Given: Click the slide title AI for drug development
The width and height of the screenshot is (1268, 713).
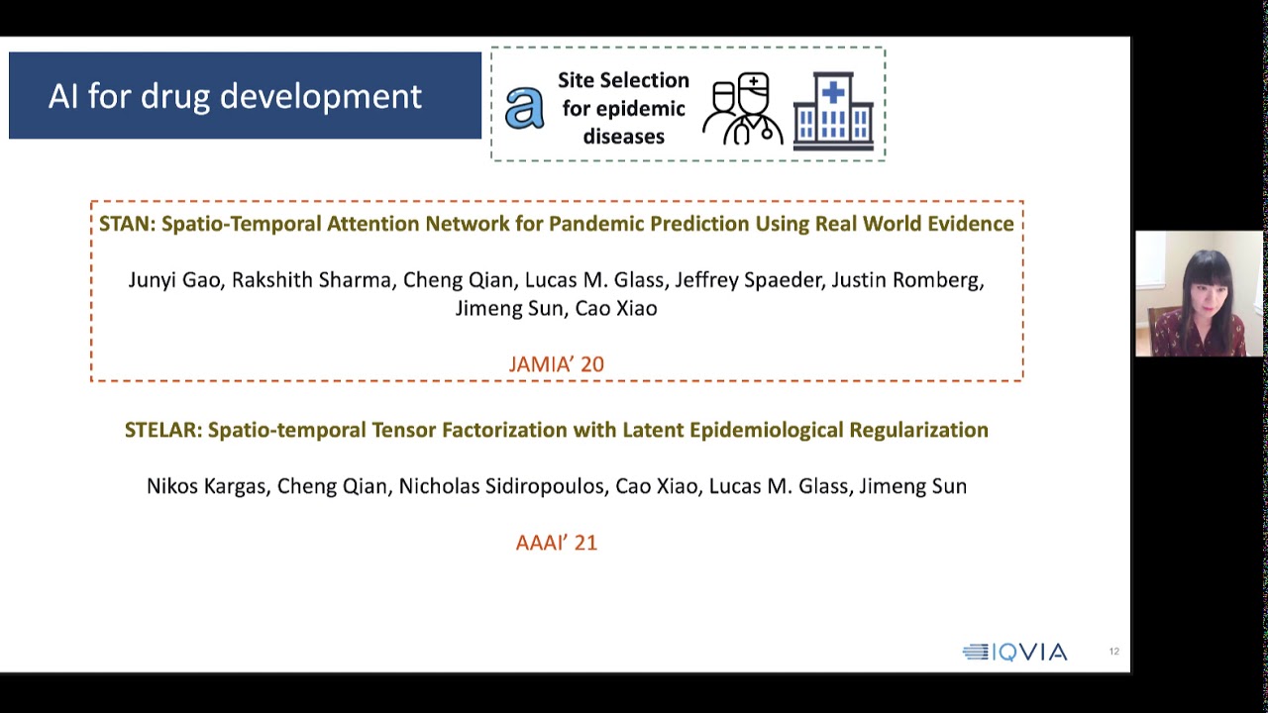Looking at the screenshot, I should (x=235, y=96).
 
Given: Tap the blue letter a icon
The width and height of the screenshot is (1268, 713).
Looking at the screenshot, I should (x=524, y=108).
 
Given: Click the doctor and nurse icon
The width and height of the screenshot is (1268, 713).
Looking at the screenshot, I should (x=743, y=110).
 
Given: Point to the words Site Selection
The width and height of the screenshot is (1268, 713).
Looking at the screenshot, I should (x=623, y=80).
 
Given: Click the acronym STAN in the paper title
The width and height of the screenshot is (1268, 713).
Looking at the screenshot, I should (x=126, y=224).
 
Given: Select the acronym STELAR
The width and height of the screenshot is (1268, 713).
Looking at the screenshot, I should (x=162, y=430).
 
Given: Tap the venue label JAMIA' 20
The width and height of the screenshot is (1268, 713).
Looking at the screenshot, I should (x=556, y=364).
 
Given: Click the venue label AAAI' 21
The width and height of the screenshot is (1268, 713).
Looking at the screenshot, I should (x=556, y=543).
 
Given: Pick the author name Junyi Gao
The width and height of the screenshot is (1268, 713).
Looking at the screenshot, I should (x=173, y=280).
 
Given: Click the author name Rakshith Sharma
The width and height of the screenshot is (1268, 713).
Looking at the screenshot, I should (x=311, y=280).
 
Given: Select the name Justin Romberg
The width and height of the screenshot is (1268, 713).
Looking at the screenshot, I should (x=906, y=280).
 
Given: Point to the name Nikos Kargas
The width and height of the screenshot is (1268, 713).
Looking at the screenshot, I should (x=206, y=486).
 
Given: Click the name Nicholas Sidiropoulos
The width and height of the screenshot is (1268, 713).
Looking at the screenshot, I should (x=501, y=486).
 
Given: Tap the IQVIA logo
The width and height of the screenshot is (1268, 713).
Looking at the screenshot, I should (x=1014, y=652).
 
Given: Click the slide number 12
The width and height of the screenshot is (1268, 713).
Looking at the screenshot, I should (x=1113, y=652).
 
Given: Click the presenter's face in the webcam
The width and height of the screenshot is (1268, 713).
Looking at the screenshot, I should (x=1202, y=287).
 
